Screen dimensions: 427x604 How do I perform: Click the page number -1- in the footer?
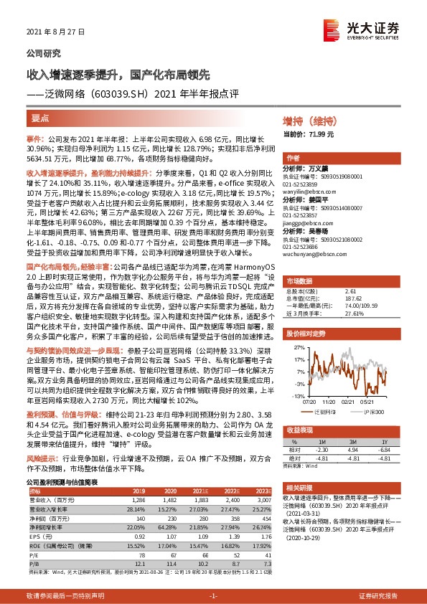tap(213, 595)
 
